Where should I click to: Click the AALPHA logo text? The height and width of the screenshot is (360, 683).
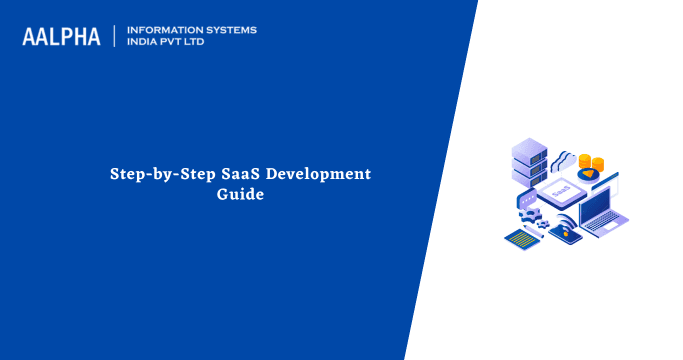click(x=61, y=37)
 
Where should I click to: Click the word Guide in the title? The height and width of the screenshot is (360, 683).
click(x=240, y=195)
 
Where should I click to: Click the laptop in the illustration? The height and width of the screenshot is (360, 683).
click(x=604, y=215)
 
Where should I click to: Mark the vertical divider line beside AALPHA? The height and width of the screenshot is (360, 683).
click(x=114, y=36)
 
